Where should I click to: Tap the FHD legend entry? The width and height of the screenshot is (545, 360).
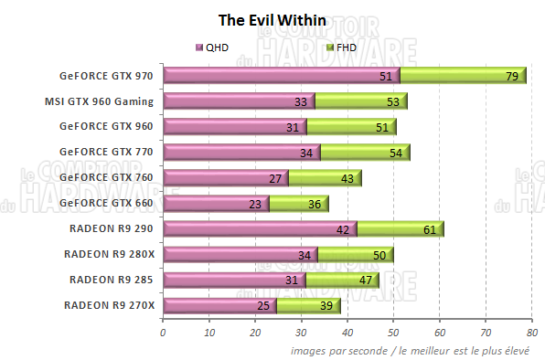tap(342, 46)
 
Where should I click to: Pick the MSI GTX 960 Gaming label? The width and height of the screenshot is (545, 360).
tap(100, 101)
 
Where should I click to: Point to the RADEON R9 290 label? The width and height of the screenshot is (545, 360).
tap(112, 228)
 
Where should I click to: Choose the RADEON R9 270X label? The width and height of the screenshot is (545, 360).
tap(110, 303)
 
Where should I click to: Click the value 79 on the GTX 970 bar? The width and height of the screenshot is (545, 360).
tap(512, 77)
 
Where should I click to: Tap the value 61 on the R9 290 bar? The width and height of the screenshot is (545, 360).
tap(429, 228)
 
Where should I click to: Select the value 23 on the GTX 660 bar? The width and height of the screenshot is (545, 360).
tap(256, 203)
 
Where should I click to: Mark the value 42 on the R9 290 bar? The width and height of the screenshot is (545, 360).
tap(344, 228)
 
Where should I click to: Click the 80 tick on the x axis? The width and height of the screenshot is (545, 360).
tap(531, 332)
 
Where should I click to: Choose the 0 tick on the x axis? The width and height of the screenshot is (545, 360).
tap(163, 332)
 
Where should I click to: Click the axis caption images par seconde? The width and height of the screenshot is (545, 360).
tap(415, 350)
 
